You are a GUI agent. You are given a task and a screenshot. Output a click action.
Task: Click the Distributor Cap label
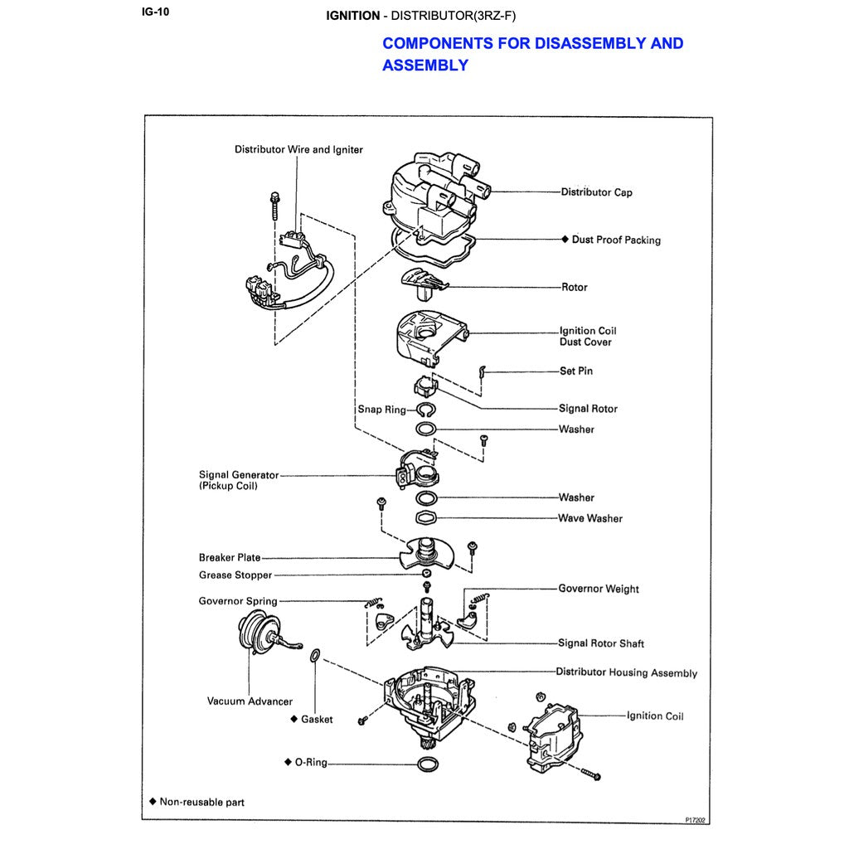click(x=596, y=192)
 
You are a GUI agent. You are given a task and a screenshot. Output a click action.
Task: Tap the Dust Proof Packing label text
click(x=616, y=240)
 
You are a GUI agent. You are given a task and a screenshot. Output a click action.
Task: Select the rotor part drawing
click(x=422, y=284)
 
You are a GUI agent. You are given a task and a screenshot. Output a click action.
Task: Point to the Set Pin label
click(x=576, y=371)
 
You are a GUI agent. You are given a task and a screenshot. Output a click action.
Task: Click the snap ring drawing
click(x=426, y=410)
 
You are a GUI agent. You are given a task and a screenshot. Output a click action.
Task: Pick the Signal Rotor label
click(x=588, y=409)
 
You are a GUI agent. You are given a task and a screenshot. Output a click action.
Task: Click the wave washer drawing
click(x=426, y=518)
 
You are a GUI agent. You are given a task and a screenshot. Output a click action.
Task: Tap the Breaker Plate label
click(x=230, y=558)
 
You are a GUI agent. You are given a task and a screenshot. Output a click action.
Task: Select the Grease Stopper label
click(x=235, y=575)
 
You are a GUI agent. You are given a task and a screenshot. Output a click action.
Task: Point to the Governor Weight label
click(x=599, y=589)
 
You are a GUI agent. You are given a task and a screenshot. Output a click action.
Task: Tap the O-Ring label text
click(x=312, y=762)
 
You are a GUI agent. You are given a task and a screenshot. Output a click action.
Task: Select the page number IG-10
click(x=156, y=12)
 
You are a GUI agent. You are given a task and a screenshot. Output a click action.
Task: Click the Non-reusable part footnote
click(x=201, y=803)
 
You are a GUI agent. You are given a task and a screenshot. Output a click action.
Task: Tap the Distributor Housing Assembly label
click(x=626, y=673)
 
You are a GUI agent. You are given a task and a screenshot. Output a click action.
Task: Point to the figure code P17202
click(x=695, y=820)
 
